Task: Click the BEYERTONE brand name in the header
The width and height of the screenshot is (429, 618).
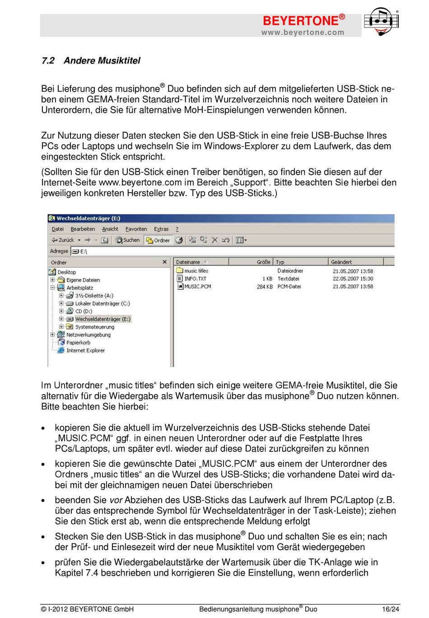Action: tap(300, 21)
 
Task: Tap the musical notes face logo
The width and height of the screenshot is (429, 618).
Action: tap(382, 21)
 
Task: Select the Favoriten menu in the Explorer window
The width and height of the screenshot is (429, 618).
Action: tap(136, 229)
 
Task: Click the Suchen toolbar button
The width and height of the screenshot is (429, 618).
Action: tap(128, 240)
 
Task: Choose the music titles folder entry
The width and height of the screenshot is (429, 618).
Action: tap(196, 271)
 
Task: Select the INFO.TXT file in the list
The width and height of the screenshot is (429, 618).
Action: tap(195, 279)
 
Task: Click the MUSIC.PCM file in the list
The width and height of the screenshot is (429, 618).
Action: tap(197, 286)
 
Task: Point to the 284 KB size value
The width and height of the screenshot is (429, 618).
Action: tap(265, 287)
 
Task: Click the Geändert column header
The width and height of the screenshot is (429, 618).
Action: tap(341, 262)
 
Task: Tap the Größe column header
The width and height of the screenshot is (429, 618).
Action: tap(263, 262)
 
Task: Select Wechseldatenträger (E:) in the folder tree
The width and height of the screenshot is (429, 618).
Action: tap(103, 319)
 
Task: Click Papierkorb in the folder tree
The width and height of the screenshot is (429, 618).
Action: tap(78, 343)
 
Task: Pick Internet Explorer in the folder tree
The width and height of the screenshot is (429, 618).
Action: tap(85, 350)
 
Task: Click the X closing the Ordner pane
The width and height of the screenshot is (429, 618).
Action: tap(164, 262)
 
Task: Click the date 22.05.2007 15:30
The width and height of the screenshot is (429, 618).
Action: tap(353, 279)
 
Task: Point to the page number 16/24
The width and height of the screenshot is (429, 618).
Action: tap(391, 609)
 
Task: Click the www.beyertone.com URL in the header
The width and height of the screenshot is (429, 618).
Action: tap(303, 33)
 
